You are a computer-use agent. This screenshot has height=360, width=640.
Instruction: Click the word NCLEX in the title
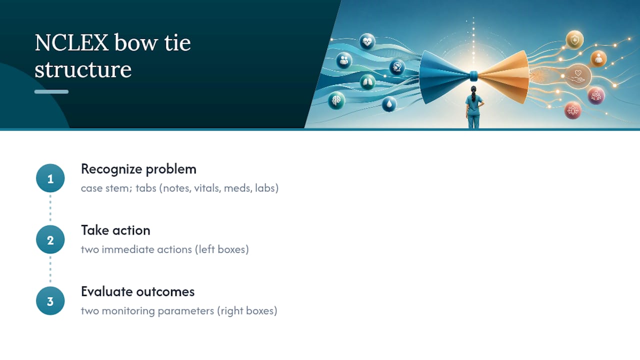tap(71, 42)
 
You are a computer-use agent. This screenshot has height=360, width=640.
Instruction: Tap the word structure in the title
tap(83, 69)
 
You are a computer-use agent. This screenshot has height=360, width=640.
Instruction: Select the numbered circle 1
tap(50, 178)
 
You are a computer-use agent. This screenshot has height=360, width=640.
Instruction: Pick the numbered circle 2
tap(50, 239)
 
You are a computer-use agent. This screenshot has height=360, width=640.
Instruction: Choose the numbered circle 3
tap(50, 301)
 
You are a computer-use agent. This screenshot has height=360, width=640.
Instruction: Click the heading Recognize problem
tap(138, 169)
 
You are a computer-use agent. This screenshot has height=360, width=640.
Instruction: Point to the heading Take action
tap(115, 230)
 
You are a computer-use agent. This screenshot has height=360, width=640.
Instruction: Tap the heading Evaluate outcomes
tap(137, 291)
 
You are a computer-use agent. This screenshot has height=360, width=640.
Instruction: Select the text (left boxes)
tap(222, 249)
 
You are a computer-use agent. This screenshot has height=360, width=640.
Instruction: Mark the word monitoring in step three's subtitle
tap(128, 311)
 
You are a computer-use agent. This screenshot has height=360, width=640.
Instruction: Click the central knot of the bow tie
tap(473, 75)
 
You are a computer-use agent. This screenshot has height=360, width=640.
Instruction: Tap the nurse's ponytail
tap(473, 94)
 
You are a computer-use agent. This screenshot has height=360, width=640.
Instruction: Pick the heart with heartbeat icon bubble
tap(367, 41)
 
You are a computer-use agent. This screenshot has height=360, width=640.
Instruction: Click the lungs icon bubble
tap(367, 82)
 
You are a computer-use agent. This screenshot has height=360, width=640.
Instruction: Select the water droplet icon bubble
tap(389, 104)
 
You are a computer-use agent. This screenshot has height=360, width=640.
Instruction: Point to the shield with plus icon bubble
tap(574, 39)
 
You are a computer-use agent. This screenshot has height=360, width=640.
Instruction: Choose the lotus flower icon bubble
tap(572, 110)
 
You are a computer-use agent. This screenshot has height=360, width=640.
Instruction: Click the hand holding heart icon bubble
tap(578, 76)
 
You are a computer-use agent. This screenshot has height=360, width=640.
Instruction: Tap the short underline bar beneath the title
tap(51, 91)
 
